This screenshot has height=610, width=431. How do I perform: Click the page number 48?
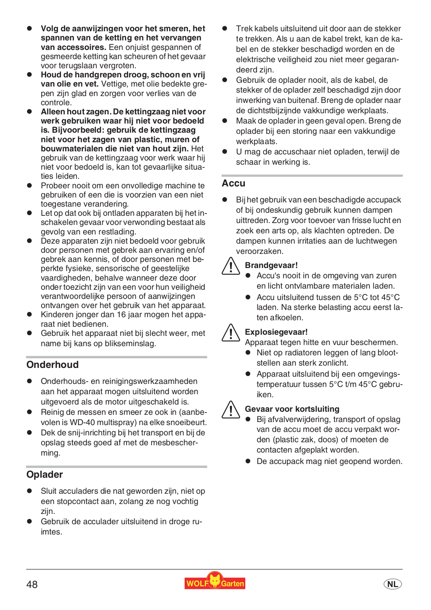pyautogui.click(x=32, y=584)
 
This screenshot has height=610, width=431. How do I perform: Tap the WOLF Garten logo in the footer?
pyautogui.click(x=215, y=582)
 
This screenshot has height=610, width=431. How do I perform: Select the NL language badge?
pyautogui.click(x=392, y=584)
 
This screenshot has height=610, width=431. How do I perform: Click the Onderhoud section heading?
pyautogui.click(x=53, y=365)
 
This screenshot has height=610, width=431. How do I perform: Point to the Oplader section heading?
pyautogui.click(x=45, y=475)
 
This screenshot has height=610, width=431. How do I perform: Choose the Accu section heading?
pyautogui.click(x=233, y=183)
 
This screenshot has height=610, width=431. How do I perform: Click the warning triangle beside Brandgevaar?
pyautogui.click(x=231, y=266)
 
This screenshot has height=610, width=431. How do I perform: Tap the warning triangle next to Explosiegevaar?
pyautogui.click(x=231, y=333)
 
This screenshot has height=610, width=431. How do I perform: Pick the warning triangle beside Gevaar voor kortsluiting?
pyautogui.click(x=231, y=410)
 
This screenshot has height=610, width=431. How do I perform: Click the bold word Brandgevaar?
pyautogui.click(x=271, y=265)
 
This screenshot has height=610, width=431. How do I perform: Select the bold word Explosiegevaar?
pyautogui.click(x=276, y=332)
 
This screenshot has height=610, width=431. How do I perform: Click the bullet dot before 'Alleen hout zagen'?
pyautogui.click(x=29, y=112)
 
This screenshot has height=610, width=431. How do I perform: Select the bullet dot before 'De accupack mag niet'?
pyautogui.click(x=248, y=461)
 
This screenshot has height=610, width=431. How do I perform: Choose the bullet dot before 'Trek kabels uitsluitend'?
pyautogui.click(x=225, y=29)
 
